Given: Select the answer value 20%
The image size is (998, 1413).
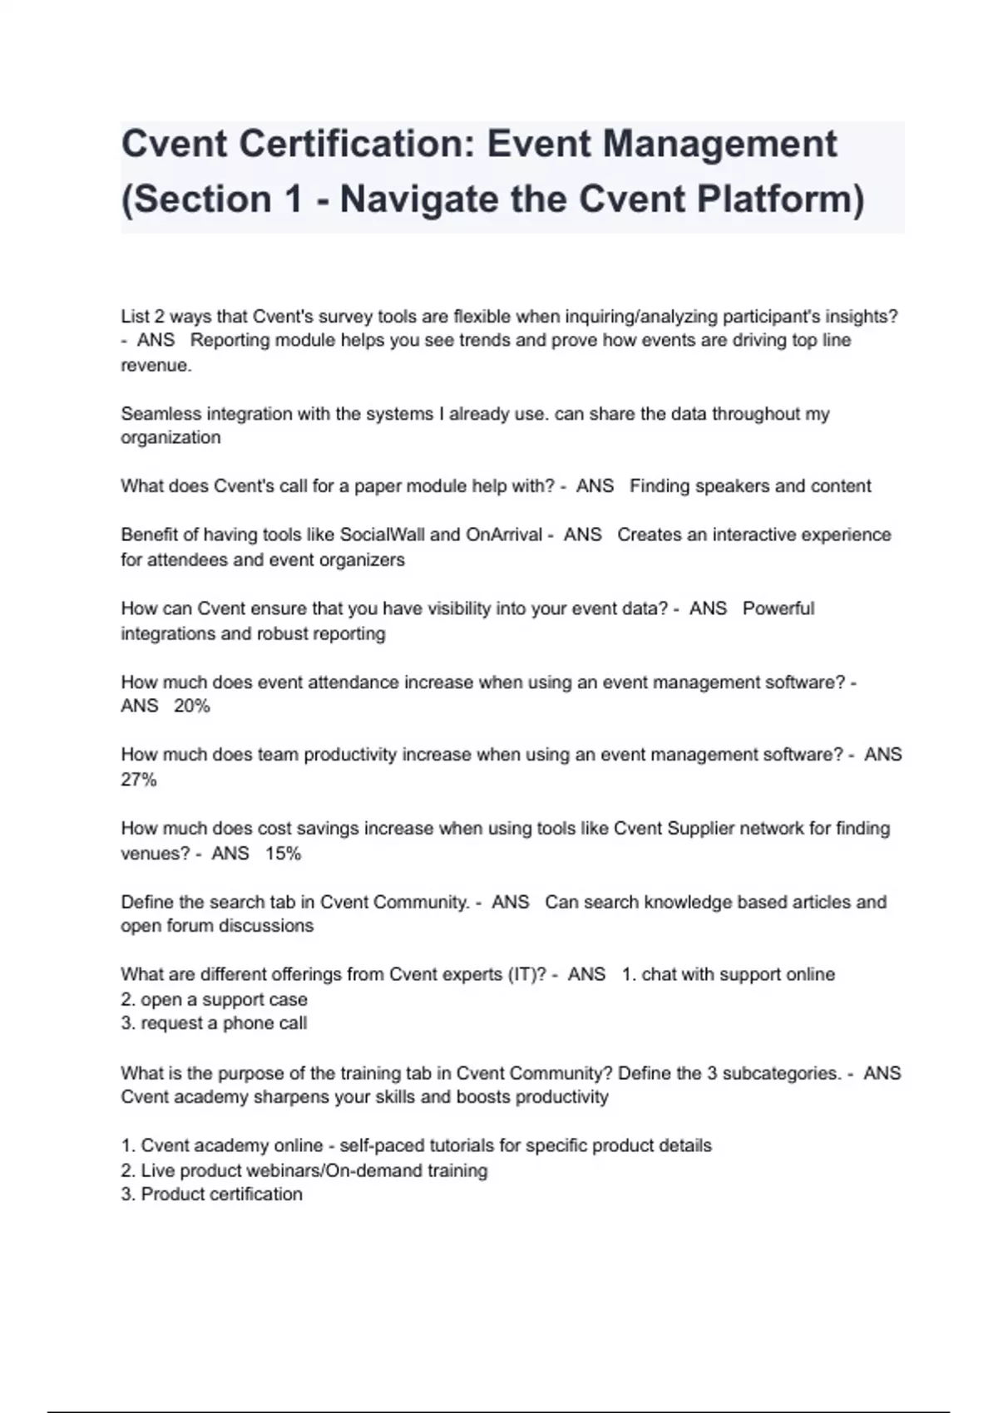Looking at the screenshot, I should point(191,706).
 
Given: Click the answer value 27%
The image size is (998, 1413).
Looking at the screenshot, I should point(139,780).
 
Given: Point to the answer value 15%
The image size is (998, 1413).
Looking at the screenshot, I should point(283,853).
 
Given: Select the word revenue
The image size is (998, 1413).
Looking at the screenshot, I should point(156,366).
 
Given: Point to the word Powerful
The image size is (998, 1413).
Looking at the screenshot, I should point(778,608).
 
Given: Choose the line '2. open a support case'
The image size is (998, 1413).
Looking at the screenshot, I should point(214,999).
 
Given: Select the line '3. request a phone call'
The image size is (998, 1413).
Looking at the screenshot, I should point(214,1023).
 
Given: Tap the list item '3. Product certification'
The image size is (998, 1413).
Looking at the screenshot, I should point(211,1194).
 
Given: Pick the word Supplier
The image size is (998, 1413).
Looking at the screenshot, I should point(700,828).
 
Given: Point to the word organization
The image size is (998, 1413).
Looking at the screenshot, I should point(170,438).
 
